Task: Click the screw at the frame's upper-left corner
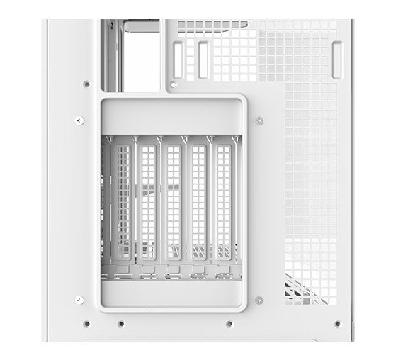point(79,120)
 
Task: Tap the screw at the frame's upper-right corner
point(259,120)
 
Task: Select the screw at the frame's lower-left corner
point(79,300)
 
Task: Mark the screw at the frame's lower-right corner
point(259,300)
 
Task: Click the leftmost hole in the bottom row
point(86,324)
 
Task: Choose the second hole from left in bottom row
point(121,324)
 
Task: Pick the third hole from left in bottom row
point(229,324)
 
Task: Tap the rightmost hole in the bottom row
point(337,324)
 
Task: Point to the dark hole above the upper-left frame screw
point(86,84)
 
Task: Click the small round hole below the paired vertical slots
point(174,84)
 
